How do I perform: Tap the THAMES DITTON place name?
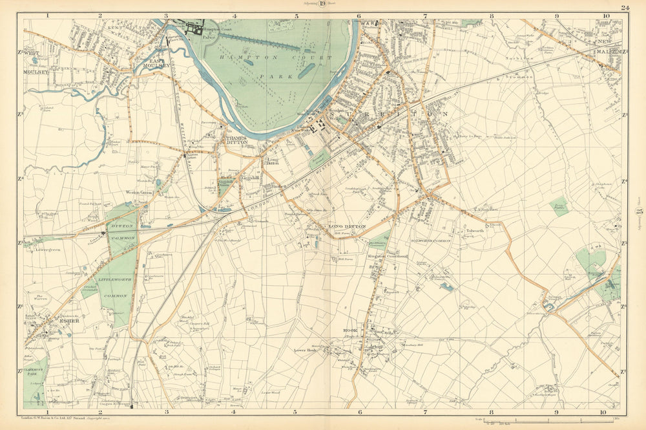236,141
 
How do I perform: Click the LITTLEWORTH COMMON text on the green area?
116,286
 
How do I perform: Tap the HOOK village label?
350,330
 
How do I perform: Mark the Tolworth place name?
475,230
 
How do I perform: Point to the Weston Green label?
141,192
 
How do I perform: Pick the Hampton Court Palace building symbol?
194,28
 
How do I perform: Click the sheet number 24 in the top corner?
624,8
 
